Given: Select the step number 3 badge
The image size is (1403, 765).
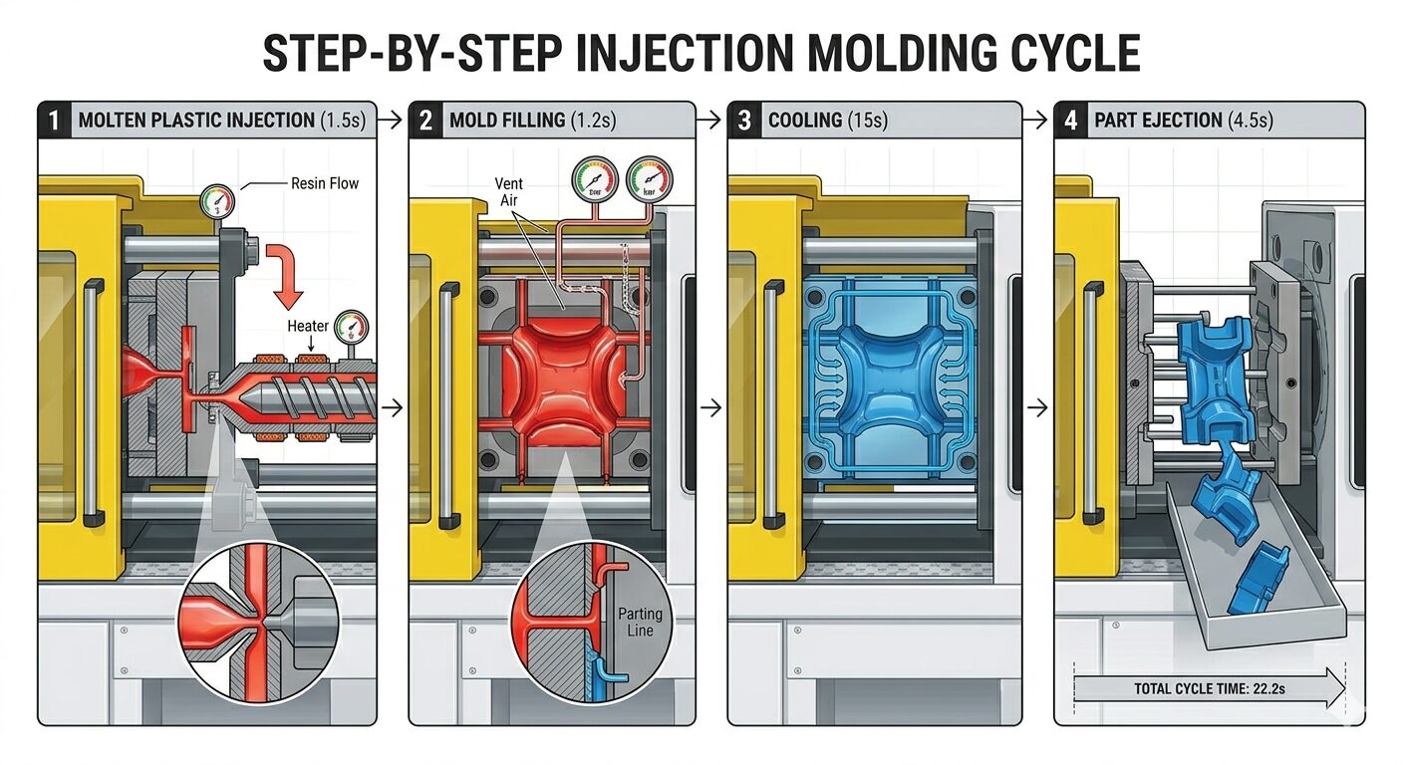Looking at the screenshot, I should click(x=744, y=121).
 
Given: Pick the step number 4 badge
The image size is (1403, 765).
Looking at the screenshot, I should click(x=1071, y=121).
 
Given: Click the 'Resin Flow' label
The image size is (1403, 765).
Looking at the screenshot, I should click(x=325, y=183).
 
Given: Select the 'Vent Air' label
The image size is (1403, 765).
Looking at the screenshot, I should click(x=508, y=191).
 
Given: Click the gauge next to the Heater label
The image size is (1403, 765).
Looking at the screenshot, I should click(x=352, y=326).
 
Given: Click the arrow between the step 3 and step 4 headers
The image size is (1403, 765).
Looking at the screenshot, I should click(x=1037, y=121).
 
